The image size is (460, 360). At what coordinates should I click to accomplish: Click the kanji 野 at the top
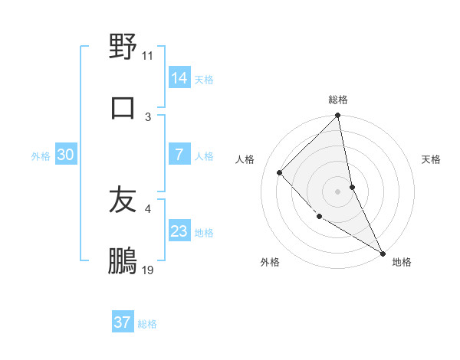123,47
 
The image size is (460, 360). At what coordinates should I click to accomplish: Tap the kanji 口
123,107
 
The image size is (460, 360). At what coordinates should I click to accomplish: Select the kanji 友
123,200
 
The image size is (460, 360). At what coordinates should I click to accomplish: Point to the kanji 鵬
123,261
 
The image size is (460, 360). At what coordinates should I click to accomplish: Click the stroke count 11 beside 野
148,56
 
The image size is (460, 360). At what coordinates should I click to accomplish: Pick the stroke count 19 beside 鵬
148,270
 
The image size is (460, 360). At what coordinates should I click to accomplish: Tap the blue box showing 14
179,78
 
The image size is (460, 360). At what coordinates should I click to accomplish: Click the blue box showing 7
179,155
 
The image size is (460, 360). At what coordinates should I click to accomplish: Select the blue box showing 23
179,231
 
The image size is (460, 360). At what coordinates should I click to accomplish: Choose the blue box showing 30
66,155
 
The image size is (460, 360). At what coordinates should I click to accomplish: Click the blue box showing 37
123,322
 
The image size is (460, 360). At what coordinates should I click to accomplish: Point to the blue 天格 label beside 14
204,79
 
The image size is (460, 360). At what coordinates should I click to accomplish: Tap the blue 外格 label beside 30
41,155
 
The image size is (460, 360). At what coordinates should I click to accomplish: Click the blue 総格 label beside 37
147,324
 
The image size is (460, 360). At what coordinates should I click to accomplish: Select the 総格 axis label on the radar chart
338,100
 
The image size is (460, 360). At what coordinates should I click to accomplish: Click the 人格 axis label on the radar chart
245,159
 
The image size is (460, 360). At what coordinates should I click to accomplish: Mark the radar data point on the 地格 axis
382,252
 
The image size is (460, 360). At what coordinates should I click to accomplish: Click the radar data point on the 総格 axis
338,116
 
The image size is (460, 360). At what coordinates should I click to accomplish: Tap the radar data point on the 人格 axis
280,172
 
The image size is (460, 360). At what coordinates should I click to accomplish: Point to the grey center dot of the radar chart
338,191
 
